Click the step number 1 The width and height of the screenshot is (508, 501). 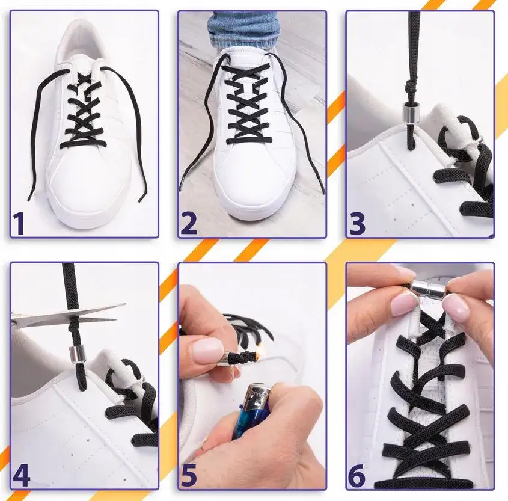click(x=19, y=223)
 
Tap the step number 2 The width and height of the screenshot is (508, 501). click(x=188, y=223)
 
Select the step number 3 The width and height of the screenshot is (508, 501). click(x=357, y=223)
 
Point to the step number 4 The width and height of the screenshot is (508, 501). click(x=21, y=475)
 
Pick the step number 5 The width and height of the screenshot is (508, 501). click(x=189, y=475)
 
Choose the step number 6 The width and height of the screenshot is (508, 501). click(x=357, y=475)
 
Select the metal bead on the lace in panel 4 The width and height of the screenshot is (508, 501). click(x=75, y=355)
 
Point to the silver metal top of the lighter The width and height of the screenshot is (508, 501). click(x=257, y=393)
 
